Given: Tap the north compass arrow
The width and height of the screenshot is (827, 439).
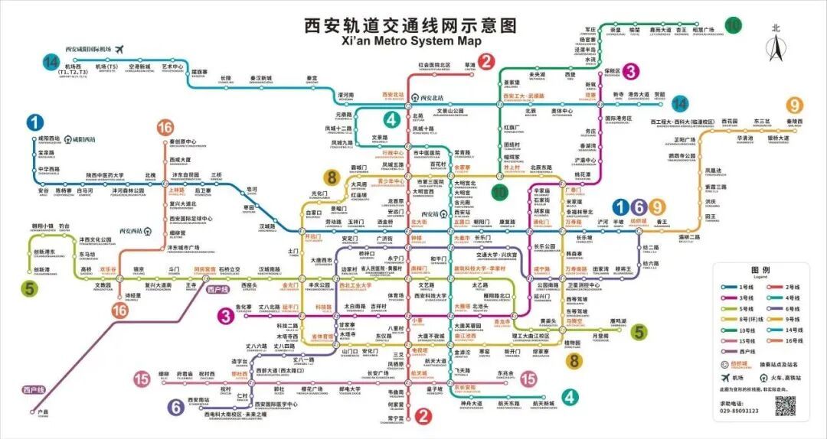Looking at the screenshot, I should [776, 47].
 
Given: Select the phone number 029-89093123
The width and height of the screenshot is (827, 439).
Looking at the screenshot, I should [739, 411].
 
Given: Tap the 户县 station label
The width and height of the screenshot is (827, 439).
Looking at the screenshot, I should [43, 413].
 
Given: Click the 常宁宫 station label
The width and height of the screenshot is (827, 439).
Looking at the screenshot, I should [395, 418].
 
